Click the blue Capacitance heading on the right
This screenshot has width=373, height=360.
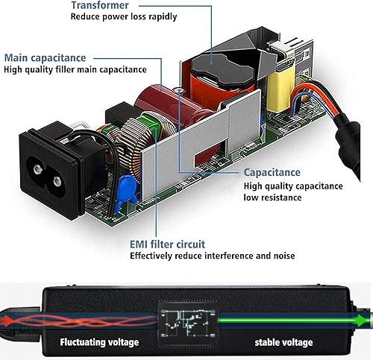(272, 172)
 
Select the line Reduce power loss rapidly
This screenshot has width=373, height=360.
(124, 16)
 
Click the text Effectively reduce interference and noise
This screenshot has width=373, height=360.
(213, 256)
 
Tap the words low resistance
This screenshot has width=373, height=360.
(273, 198)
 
